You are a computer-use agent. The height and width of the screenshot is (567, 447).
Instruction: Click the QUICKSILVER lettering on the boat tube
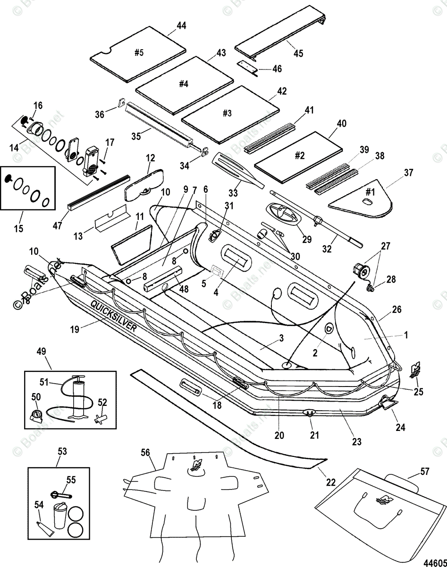(113, 316)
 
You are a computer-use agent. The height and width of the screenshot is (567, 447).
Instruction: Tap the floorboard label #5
(139, 53)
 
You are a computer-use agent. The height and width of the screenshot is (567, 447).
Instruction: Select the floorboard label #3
(227, 113)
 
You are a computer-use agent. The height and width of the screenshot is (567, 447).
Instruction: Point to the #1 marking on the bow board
(370, 192)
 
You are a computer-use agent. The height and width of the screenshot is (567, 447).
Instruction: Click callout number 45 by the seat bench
(298, 53)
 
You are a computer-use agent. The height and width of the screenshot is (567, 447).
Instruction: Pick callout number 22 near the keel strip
(331, 482)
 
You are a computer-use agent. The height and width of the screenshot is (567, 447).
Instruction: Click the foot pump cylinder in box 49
(77, 398)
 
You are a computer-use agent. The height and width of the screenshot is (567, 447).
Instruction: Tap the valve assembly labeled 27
(361, 271)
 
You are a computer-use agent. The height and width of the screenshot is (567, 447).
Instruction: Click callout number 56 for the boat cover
(145, 453)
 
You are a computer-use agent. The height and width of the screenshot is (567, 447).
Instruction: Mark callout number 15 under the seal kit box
(18, 228)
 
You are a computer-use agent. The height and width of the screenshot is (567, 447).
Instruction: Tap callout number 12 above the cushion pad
(150, 158)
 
